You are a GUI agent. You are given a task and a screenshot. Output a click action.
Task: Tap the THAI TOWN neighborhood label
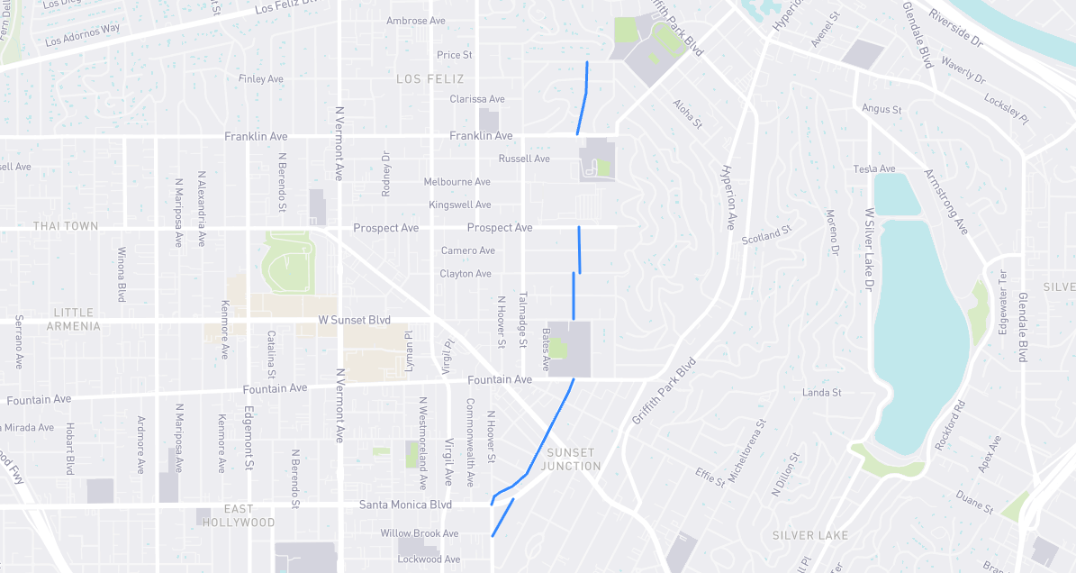click(66, 226)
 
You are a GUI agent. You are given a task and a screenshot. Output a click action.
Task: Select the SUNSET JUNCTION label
click(571, 459)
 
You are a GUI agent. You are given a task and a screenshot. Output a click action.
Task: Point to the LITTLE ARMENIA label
click(74, 319)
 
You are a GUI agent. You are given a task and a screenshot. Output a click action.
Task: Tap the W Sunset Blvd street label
click(355, 320)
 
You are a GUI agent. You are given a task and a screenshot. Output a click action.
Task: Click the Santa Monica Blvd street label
click(405, 505)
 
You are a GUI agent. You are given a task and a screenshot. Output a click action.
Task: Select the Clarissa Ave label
click(477, 99)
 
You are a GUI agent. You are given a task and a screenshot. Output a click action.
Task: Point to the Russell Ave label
click(524, 159)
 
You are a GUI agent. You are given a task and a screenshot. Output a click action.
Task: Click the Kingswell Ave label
click(460, 205)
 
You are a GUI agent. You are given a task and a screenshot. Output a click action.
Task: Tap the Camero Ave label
click(468, 250)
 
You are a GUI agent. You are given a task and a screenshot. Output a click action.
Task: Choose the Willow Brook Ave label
click(420, 534)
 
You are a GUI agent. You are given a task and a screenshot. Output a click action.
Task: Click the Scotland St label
click(766, 235)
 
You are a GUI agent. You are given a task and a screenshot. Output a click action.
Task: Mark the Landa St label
click(821, 393)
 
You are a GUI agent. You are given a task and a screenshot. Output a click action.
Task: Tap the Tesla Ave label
click(874, 169)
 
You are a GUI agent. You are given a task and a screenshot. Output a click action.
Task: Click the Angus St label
click(882, 109)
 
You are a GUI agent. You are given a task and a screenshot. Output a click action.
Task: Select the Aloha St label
click(687, 114)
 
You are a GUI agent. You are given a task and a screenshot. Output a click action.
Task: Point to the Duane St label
click(973, 503)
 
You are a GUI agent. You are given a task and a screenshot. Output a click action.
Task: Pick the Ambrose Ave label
click(416, 21)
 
